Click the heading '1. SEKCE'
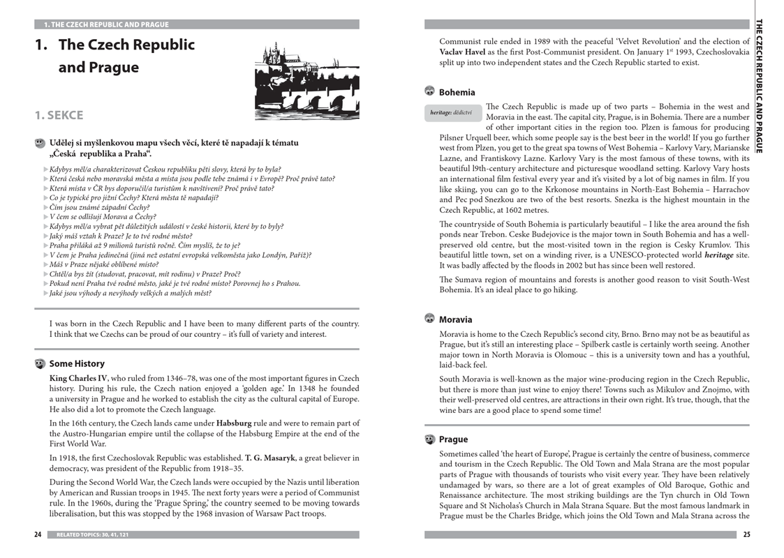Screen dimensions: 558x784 click(59, 115)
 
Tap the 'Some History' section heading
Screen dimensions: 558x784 click(77, 363)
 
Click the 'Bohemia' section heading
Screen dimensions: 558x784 click(457, 92)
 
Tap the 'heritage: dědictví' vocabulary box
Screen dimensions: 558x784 click(451, 112)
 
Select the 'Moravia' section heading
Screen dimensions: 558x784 click(455, 319)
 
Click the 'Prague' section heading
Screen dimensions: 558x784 click(453, 439)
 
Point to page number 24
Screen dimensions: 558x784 click(38, 535)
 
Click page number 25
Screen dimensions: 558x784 click(746, 535)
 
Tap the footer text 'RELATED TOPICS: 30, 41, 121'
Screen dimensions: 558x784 click(92, 535)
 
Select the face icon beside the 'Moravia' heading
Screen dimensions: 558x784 click(429, 319)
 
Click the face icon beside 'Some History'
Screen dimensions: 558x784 click(40, 363)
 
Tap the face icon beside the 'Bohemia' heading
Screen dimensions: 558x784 click(429, 91)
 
